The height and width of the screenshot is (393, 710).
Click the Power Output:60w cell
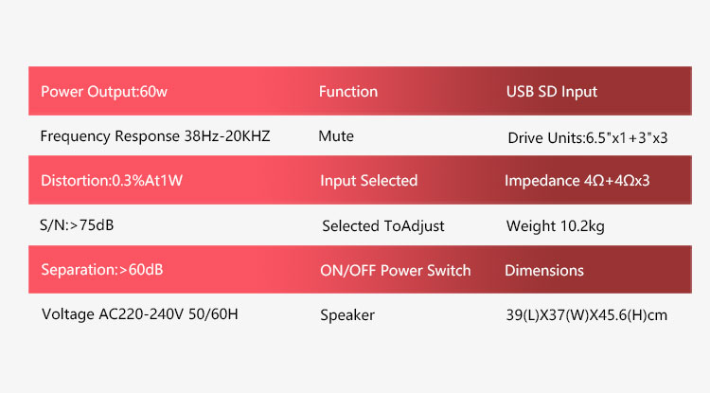point(104,92)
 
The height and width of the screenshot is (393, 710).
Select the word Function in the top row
point(348,92)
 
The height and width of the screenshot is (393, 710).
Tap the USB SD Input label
point(552,92)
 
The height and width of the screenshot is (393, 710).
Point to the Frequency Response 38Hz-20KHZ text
point(155,136)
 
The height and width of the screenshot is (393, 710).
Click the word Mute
point(336,136)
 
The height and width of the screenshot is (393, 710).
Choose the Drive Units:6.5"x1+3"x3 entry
point(588,137)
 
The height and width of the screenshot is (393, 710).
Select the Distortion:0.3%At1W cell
point(112,181)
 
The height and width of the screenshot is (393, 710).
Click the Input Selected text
point(368,181)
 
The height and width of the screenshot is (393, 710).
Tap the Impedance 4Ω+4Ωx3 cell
point(577,181)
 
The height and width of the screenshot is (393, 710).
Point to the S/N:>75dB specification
point(77,225)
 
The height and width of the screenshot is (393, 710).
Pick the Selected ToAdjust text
point(383,226)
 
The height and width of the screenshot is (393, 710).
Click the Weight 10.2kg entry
point(555,226)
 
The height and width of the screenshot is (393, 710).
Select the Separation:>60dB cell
point(102,270)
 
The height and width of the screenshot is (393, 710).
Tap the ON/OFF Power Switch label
point(396,270)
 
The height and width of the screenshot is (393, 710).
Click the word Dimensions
point(544,270)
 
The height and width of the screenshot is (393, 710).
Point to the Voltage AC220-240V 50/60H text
point(140,314)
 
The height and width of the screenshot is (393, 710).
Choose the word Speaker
point(347,315)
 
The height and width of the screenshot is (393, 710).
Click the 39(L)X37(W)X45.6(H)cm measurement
point(587,315)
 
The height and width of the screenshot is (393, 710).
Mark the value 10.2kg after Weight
point(582,226)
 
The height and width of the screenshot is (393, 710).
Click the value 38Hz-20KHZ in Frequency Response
point(227,136)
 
